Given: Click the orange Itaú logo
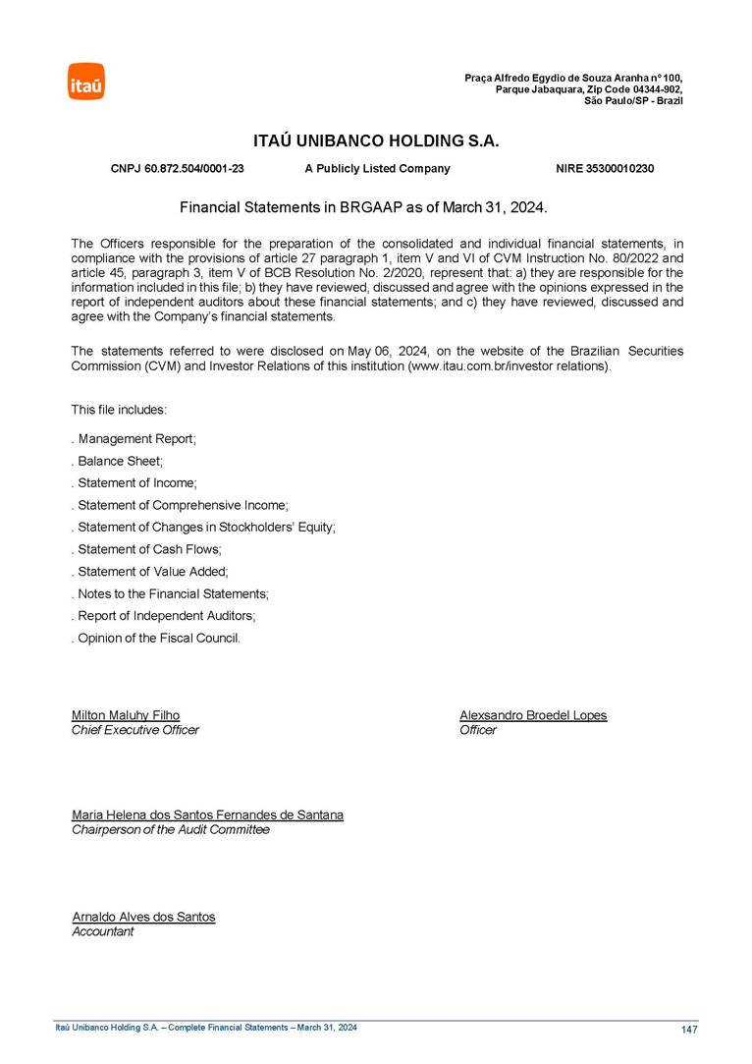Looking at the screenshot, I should (x=85, y=82).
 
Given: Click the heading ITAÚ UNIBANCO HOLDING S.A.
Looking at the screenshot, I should (x=376, y=141).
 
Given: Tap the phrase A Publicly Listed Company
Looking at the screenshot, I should (x=377, y=169).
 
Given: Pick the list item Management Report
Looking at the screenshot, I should (x=136, y=439).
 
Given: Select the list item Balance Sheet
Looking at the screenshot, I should (x=120, y=461).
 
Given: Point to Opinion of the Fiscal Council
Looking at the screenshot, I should (x=158, y=639).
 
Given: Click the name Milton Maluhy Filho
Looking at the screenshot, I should (x=126, y=715).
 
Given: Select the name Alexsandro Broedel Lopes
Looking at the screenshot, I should (x=533, y=715).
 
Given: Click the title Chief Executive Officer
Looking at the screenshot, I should (x=135, y=730).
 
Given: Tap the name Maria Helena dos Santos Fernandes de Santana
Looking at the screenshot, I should (x=207, y=815).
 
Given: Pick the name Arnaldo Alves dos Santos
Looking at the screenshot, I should (x=143, y=917).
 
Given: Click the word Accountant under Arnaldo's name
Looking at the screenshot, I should (x=103, y=931).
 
